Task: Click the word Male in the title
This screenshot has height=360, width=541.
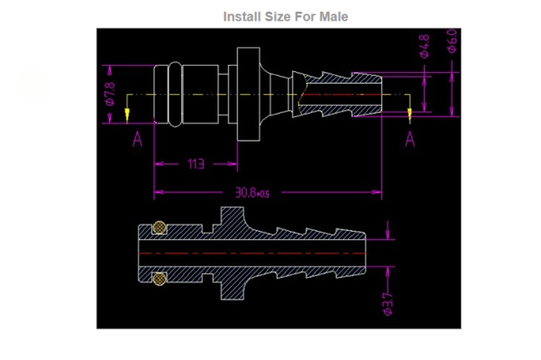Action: click(334, 16)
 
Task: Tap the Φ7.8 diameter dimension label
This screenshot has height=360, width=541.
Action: click(110, 94)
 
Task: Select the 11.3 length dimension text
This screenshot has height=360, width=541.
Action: click(196, 164)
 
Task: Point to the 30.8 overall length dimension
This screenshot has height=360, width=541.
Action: click(252, 192)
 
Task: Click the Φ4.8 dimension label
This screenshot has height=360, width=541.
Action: click(425, 46)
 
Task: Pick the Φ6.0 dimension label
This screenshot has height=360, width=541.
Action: click(452, 41)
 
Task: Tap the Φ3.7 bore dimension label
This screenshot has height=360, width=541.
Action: click(388, 304)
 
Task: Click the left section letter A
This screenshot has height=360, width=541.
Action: click(137, 139)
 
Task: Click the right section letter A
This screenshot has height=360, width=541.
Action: click(410, 139)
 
